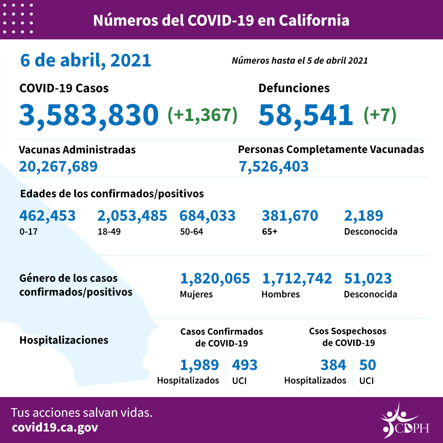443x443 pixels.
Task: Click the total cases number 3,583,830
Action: click(x=89, y=114)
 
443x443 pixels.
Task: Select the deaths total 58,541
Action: click(x=306, y=114)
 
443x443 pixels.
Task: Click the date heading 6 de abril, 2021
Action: click(x=86, y=61)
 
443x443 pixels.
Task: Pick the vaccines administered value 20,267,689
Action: click(x=58, y=167)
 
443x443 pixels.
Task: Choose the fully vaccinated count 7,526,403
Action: click(x=274, y=167)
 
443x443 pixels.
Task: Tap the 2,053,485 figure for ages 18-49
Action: click(x=132, y=215)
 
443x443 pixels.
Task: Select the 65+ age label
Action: click(x=269, y=231)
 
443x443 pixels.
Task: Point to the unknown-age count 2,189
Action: click(x=364, y=215)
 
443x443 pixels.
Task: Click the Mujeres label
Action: click(x=196, y=295)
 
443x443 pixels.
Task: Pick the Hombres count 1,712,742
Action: click(x=297, y=279)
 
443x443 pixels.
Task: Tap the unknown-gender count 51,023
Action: click(x=368, y=279)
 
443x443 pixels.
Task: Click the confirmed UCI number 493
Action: click(x=245, y=365)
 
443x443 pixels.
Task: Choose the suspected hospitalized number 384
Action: click(x=333, y=365)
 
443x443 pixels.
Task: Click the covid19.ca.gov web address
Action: click(x=55, y=428)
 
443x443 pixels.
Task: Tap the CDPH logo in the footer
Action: click(x=404, y=420)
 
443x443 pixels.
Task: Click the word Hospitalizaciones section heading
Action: click(x=64, y=340)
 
